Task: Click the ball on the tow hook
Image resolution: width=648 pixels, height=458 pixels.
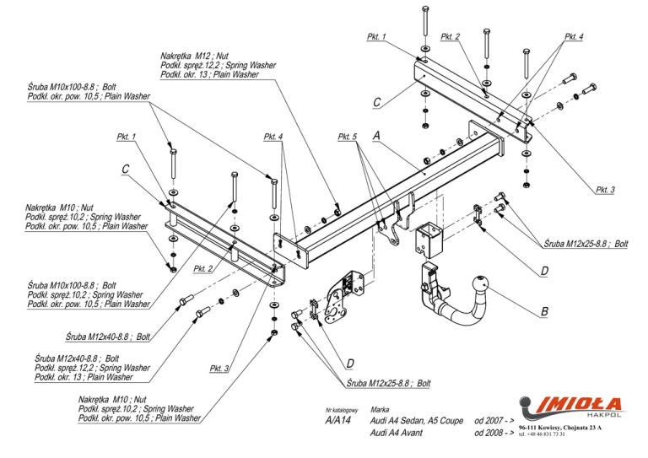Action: (x=480, y=283)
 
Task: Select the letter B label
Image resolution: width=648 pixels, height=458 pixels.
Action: (x=545, y=311)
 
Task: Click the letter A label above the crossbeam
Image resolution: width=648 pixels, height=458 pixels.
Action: (x=376, y=135)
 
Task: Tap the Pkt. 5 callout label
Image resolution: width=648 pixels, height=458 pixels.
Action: (x=347, y=137)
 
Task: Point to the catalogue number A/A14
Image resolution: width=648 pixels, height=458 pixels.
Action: (x=338, y=420)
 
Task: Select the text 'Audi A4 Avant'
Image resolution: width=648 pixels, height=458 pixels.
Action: (x=397, y=433)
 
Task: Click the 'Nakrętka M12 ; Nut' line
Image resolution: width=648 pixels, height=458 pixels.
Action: (x=195, y=56)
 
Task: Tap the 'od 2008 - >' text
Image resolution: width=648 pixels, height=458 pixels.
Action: (x=494, y=433)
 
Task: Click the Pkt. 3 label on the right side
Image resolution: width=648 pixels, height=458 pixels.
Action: (x=605, y=190)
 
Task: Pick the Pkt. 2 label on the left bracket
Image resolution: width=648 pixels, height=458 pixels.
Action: (x=202, y=269)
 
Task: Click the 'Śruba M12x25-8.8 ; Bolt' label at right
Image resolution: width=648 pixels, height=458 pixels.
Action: (x=586, y=244)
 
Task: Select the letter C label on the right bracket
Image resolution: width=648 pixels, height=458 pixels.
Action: (x=377, y=102)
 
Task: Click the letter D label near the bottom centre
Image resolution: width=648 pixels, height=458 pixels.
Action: (x=350, y=364)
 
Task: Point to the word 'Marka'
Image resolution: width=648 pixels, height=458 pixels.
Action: (x=380, y=410)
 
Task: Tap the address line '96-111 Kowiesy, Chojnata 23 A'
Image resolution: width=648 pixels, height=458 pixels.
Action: (x=560, y=428)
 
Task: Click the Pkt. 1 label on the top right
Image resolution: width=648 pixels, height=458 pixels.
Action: (x=376, y=37)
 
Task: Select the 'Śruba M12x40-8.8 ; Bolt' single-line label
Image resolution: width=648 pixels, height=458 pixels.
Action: (x=108, y=337)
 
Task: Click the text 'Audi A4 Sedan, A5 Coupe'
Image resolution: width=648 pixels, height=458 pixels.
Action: (x=417, y=420)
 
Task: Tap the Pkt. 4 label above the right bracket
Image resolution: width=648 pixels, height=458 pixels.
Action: (x=574, y=37)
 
